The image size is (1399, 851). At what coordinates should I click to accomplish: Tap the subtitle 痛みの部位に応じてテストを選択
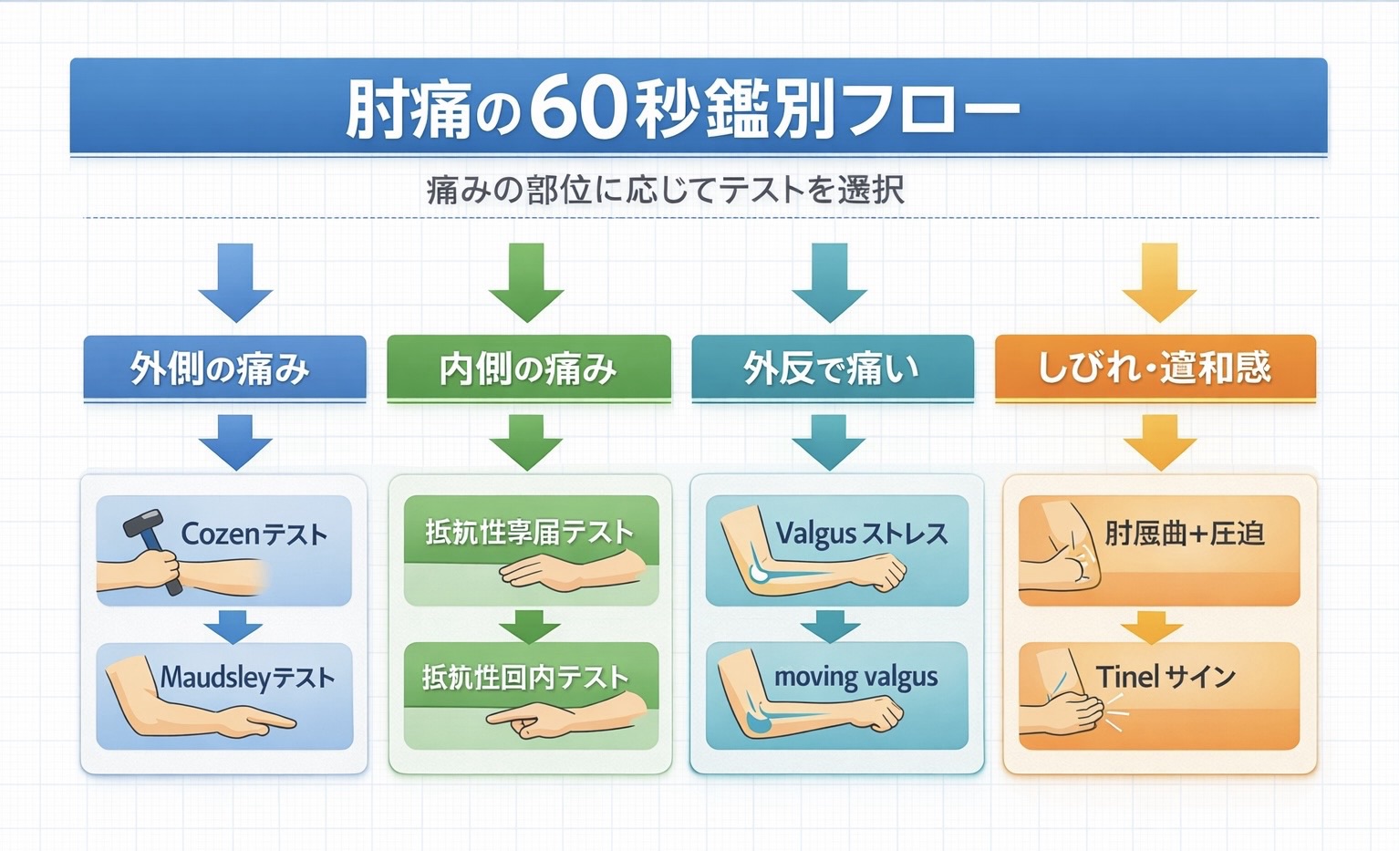(665, 190)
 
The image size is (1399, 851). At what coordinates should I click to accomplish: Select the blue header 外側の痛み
(224, 368)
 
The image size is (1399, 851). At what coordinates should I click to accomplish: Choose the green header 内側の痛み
(528, 368)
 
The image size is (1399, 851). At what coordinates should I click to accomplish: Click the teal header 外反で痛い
(832, 368)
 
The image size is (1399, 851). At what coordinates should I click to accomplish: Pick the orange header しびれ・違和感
(1155, 368)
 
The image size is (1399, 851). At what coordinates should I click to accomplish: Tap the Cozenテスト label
(254, 534)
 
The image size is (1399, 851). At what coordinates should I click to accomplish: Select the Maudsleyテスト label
(247, 677)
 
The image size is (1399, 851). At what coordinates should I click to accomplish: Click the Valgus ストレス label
(861, 534)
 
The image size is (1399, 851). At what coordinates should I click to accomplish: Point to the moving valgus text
(855, 677)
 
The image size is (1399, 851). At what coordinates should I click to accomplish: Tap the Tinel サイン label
(1166, 677)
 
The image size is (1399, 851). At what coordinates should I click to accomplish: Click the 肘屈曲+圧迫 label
(1184, 533)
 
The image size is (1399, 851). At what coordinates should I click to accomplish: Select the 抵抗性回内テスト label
(525, 677)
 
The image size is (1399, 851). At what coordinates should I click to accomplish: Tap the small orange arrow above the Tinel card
(1152, 627)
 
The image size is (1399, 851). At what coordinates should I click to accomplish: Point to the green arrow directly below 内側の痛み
(526, 441)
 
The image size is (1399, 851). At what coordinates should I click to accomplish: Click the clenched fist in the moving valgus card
(880, 714)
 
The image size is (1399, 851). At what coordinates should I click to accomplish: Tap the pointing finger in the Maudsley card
(274, 722)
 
